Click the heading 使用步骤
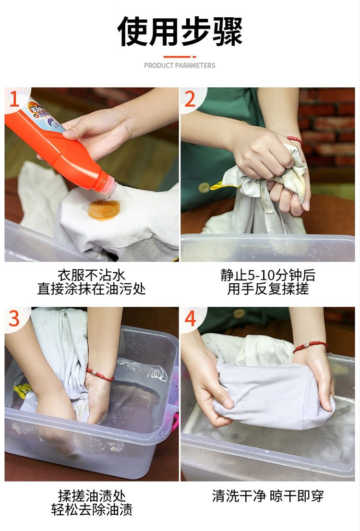click(180, 31)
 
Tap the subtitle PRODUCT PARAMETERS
click(180, 65)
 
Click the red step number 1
click(14, 99)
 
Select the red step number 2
click(191, 99)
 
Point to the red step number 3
click(14, 319)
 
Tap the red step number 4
click(191, 319)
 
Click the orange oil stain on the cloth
click(104, 209)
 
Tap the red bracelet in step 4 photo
click(310, 346)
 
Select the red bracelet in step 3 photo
click(100, 374)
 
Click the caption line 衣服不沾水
click(91, 275)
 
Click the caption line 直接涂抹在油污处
click(91, 289)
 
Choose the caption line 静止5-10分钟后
click(268, 275)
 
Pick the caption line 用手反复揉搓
click(268, 289)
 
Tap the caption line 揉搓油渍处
click(91, 496)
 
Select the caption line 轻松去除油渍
click(91, 510)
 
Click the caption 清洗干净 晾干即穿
click(268, 496)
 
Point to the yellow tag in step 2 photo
click(220, 184)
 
